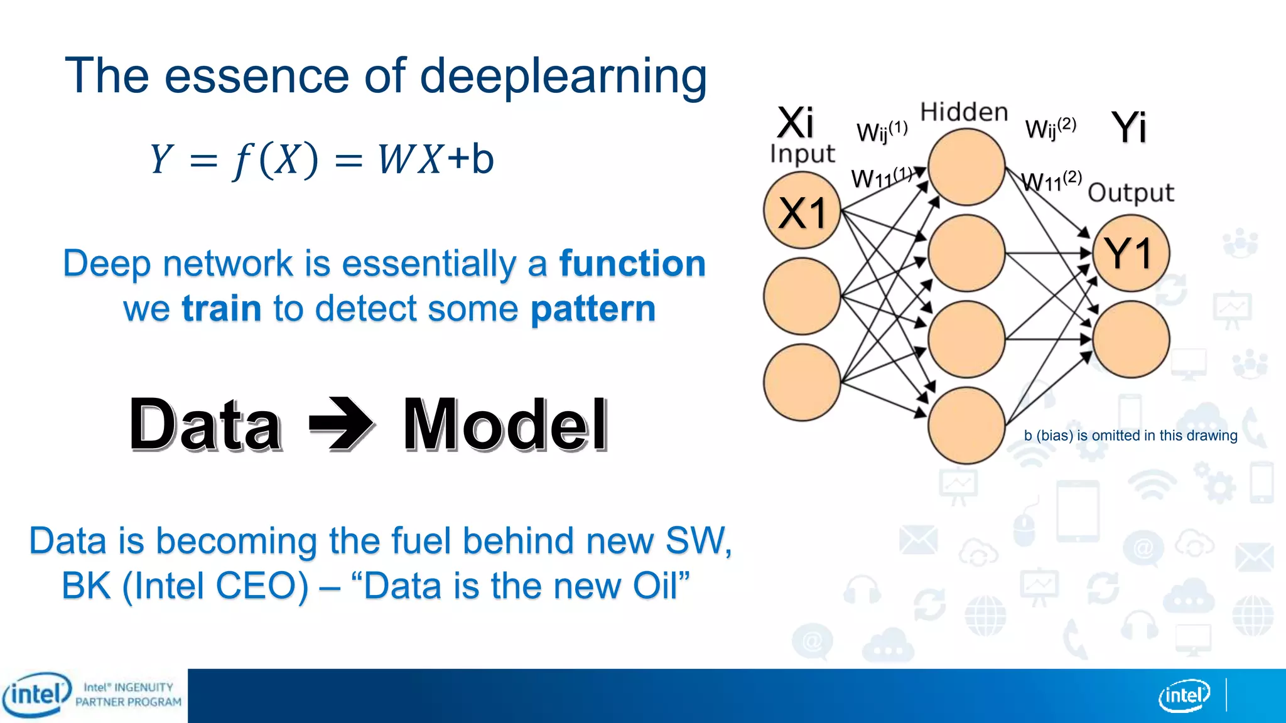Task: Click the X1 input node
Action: click(x=802, y=211)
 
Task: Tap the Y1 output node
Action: click(x=1130, y=253)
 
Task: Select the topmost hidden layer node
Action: click(x=966, y=167)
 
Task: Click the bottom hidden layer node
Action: click(x=966, y=425)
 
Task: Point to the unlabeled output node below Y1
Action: click(x=1130, y=339)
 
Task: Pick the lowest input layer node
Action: click(x=802, y=382)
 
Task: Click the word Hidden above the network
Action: click(x=964, y=112)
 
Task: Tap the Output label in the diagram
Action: click(x=1130, y=193)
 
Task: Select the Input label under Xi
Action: click(x=802, y=154)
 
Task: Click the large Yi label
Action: click(x=1128, y=127)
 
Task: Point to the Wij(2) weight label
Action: click(x=1050, y=128)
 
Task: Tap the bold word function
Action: click(x=632, y=263)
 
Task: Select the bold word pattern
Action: click(x=593, y=309)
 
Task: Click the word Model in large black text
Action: click(x=505, y=425)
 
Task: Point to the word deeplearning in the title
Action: click(x=563, y=76)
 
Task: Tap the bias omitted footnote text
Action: click(x=1130, y=436)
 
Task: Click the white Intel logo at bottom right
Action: click(x=1184, y=695)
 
